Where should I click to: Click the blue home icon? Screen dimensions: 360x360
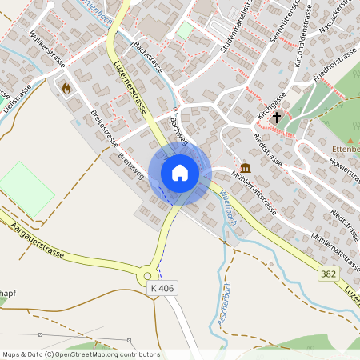point(180,172)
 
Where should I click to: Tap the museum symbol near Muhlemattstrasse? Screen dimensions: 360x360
point(244,167)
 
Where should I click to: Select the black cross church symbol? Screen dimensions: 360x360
point(276,117)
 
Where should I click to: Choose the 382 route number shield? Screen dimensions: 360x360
point(327,274)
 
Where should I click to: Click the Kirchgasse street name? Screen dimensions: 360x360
point(271,103)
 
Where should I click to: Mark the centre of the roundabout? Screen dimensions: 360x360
point(152,274)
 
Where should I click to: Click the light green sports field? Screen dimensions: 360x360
point(25,189)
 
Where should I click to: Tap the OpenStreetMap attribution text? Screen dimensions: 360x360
point(80,354)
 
